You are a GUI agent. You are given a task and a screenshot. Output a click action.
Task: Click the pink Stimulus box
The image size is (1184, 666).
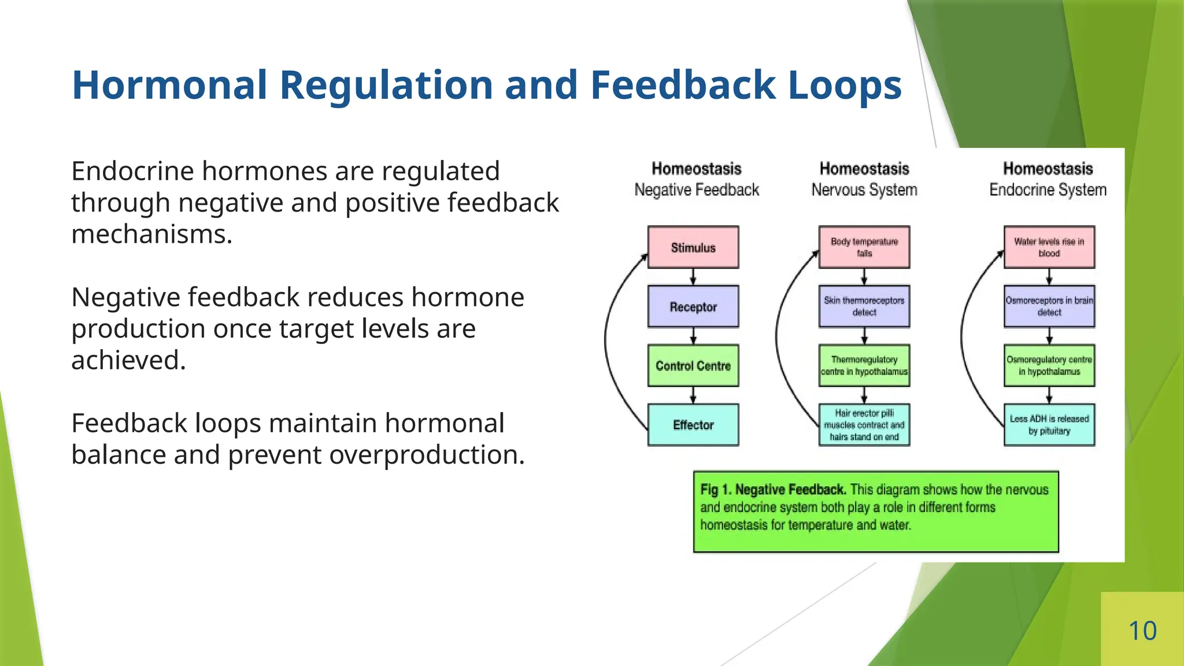point(693,247)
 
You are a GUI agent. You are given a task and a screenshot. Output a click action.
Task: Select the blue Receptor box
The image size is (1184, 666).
point(693,307)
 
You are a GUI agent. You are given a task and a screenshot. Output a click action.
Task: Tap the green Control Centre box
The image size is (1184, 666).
point(693,366)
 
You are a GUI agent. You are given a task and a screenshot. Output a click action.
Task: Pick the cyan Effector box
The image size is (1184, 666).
point(693,425)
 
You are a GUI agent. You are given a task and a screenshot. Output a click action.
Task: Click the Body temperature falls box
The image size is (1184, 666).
point(864,247)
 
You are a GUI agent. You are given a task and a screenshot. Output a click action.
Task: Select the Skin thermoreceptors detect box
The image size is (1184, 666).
point(864,306)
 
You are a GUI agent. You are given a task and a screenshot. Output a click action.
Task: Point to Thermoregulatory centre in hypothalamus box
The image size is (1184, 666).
point(864,366)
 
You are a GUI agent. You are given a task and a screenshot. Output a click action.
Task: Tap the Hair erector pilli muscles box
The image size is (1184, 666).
point(864,425)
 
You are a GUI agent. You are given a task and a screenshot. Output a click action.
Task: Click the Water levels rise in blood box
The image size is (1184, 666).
point(1049,247)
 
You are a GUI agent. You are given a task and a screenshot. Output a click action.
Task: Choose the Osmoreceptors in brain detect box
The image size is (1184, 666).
point(1049,306)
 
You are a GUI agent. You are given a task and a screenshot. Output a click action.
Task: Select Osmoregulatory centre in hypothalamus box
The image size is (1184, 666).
point(1049,366)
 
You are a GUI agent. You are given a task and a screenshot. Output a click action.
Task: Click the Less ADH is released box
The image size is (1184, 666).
point(1049,425)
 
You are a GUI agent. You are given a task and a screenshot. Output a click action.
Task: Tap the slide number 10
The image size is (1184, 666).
point(1142,631)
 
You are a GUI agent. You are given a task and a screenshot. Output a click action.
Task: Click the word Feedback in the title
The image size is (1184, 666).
point(682,85)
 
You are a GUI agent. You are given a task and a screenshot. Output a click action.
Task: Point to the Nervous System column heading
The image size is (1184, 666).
point(864,190)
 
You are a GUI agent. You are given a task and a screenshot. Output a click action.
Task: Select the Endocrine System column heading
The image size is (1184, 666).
point(1048,190)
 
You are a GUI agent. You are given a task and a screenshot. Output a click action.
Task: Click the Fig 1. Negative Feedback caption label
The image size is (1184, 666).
point(773,490)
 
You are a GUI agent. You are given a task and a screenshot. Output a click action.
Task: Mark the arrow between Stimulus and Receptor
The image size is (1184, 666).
point(693,277)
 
